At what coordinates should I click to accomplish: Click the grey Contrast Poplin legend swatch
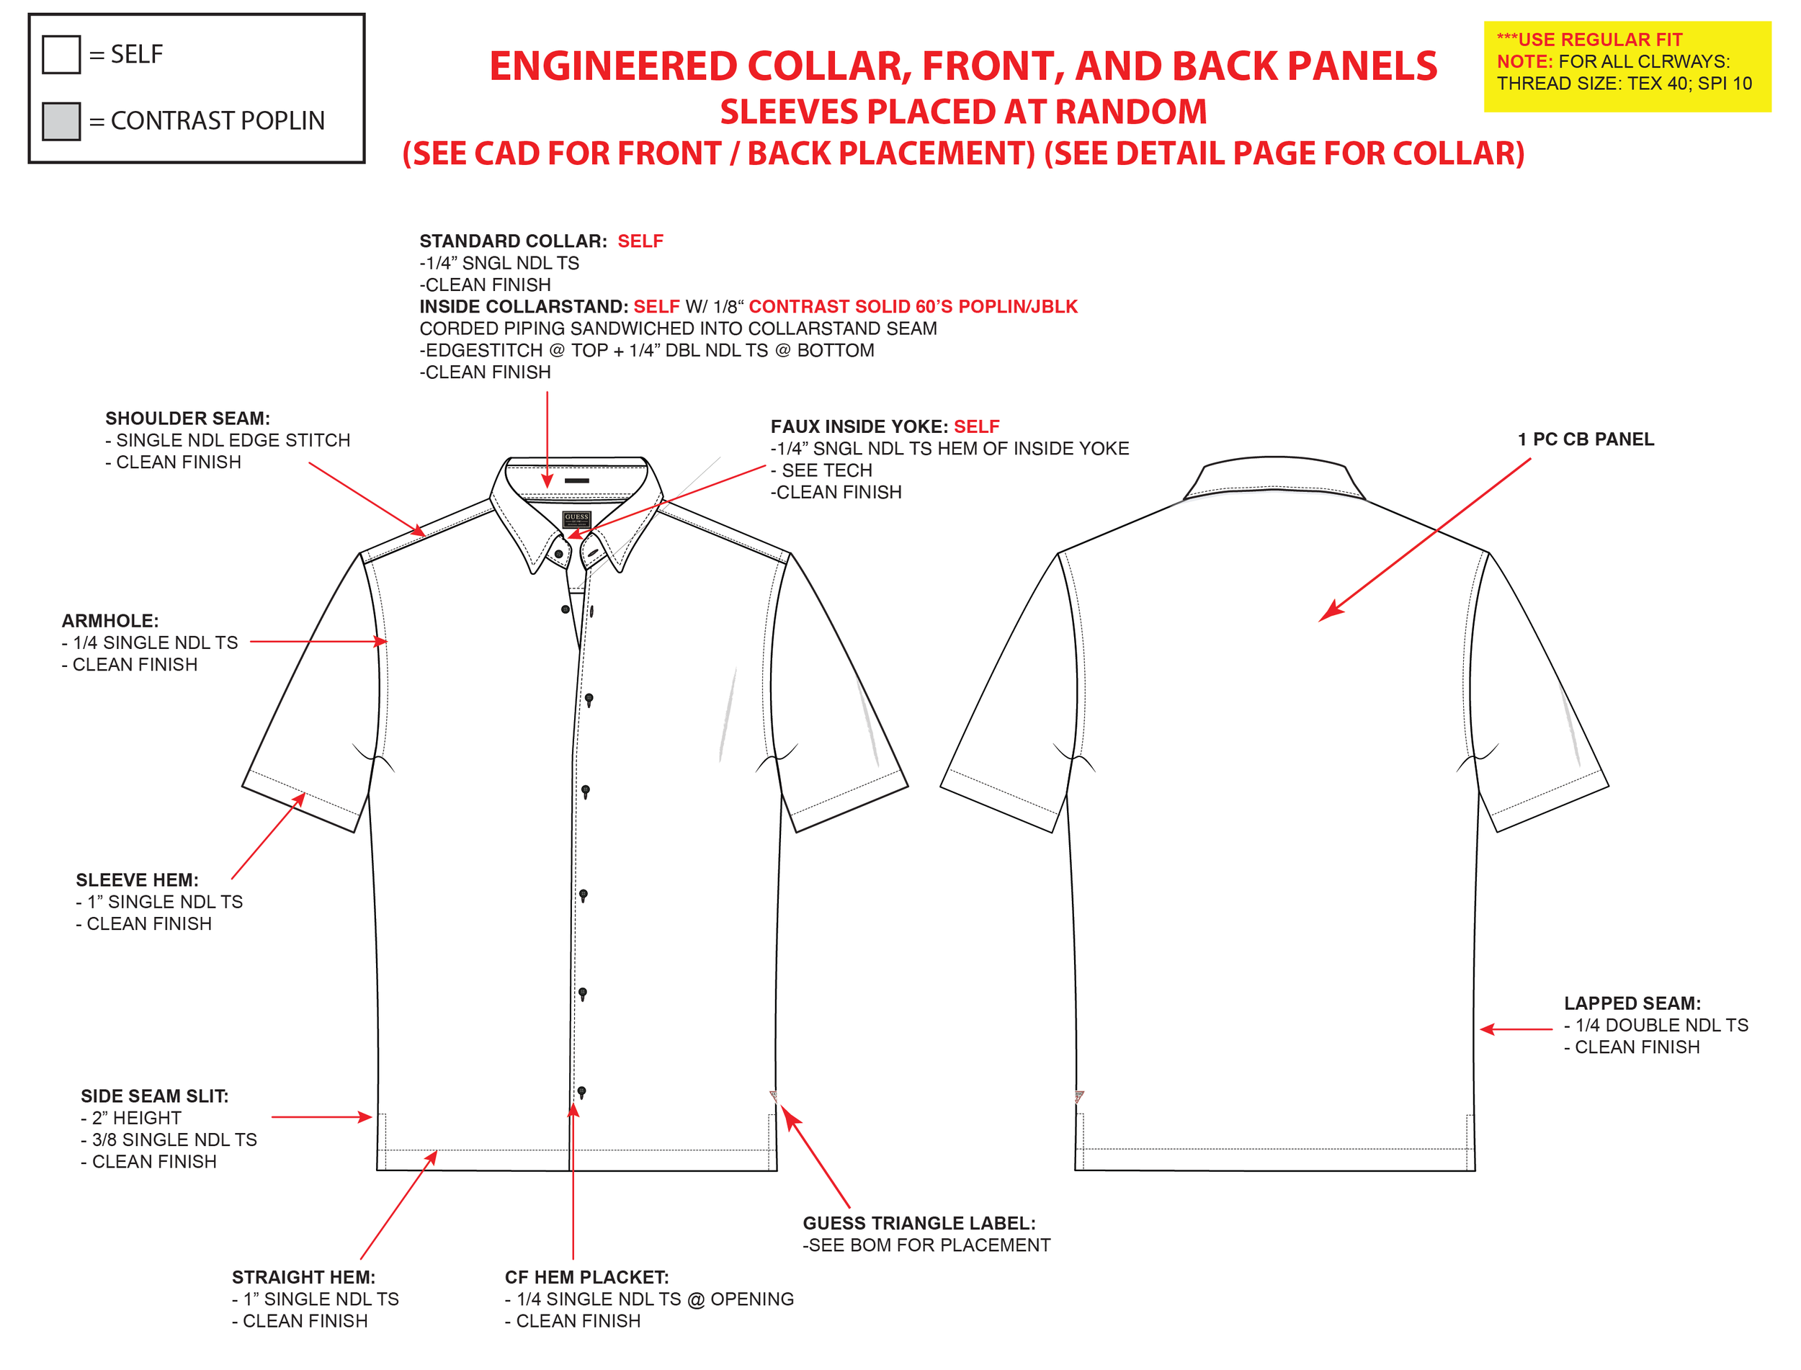[61, 122]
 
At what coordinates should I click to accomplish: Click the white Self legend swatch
[61, 55]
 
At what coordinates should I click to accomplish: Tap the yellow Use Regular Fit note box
[1626, 66]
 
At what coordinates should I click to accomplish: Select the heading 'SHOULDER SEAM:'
[187, 418]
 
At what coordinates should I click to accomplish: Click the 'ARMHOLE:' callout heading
[110, 621]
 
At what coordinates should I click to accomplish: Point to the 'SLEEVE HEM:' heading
[137, 880]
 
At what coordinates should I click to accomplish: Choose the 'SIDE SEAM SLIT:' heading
[154, 1096]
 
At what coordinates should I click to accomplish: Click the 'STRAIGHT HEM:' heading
[303, 1277]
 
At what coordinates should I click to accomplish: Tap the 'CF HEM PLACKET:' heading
[586, 1277]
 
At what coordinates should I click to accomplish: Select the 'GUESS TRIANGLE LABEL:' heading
[919, 1223]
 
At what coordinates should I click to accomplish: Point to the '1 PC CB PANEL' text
[1586, 439]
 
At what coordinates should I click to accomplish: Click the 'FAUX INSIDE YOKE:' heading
[859, 426]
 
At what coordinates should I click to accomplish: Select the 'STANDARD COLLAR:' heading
[513, 241]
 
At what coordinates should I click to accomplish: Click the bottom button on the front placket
[581, 1091]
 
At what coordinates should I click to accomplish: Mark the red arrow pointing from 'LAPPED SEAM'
[1516, 1029]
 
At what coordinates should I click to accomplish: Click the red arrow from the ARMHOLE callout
[318, 642]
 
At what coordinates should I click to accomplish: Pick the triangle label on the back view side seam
[1079, 1097]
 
